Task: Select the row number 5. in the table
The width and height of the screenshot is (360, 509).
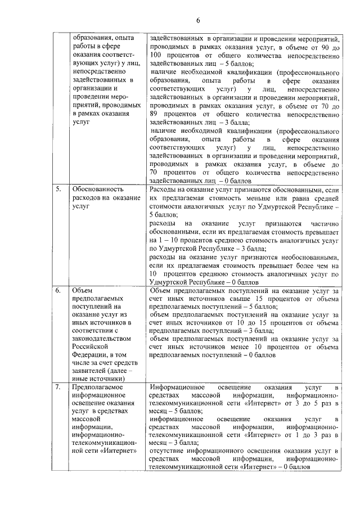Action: point(58,190)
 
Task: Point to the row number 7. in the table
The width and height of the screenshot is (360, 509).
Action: point(58,387)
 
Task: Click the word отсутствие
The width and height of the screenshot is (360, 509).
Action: point(167,452)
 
